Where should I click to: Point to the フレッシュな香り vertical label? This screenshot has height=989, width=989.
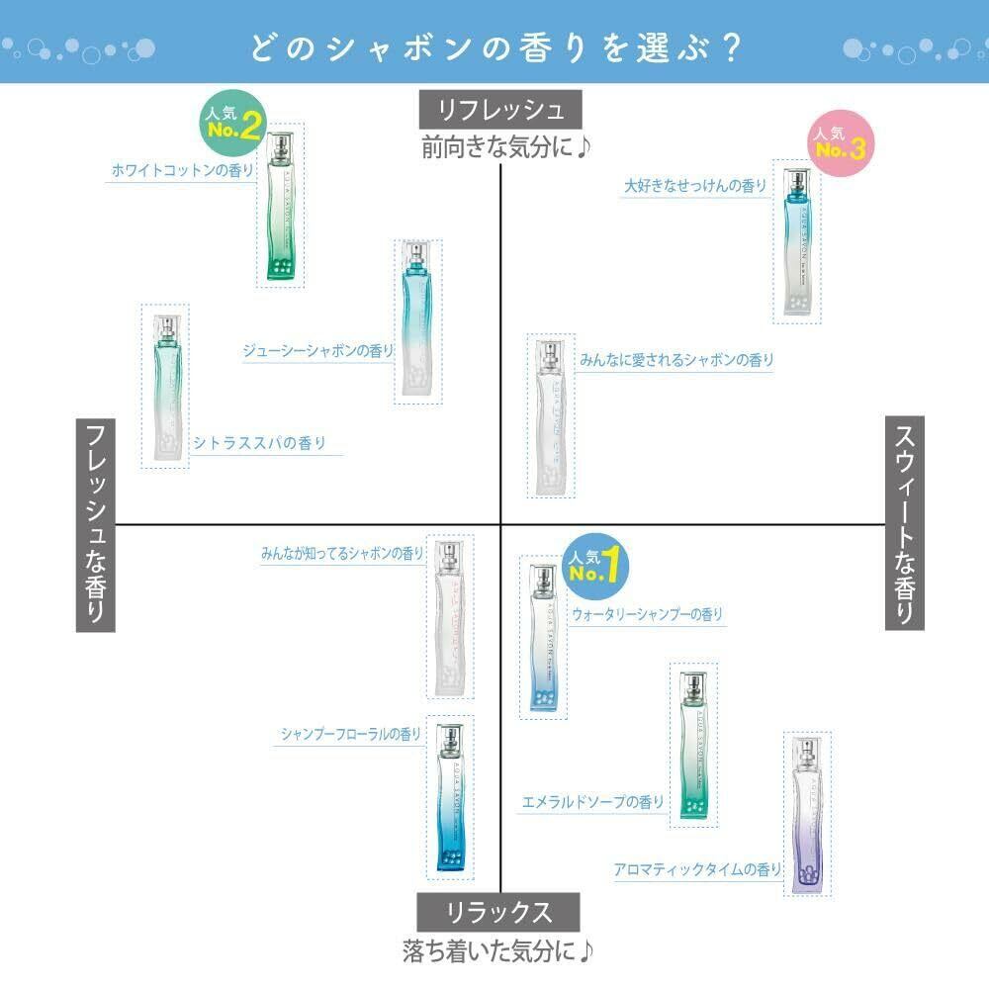coord(96,523)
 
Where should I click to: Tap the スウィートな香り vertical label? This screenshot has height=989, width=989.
coord(904,523)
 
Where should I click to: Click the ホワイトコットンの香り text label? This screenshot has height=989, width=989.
coord(181,170)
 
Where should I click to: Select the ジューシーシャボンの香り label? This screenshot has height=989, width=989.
coord(317,350)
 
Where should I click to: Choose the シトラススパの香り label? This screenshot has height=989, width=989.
coord(260,443)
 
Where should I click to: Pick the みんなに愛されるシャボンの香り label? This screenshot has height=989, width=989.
coord(676,360)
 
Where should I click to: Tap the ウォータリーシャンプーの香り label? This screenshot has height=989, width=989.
coord(647,614)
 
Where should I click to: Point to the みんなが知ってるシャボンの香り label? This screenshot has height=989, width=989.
coord(342,554)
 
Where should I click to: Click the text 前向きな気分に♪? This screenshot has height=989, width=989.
coord(505,147)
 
